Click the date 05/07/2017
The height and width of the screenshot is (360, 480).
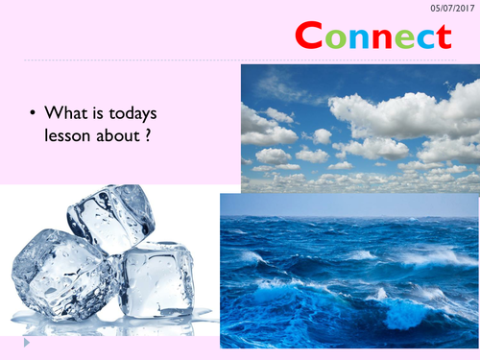point(450,7)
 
